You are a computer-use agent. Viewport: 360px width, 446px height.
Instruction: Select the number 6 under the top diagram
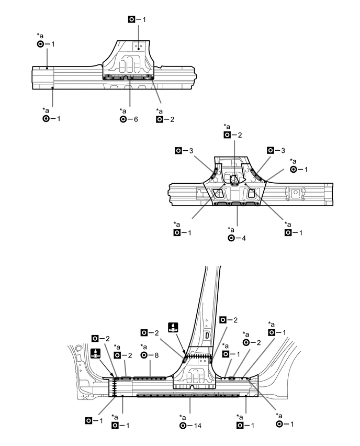(x=136, y=119)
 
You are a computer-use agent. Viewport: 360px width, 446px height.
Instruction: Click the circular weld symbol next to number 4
(x=231, y=238)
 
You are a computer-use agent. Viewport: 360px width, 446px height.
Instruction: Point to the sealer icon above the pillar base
(x=173, y=328)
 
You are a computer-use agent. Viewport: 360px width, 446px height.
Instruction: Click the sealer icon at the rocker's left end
(x=95, y=353)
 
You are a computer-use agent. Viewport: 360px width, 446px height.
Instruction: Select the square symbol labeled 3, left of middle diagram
(x=178, y=151)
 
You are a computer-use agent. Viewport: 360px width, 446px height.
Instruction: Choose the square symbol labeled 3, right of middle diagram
(x=269, y=150)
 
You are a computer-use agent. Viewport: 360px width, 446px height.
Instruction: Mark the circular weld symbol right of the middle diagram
(x=294, y=170)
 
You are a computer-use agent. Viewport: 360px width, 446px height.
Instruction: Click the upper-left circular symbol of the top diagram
(x=40, y=44)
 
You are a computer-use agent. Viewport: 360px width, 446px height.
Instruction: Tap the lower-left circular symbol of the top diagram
(x=46, y=119)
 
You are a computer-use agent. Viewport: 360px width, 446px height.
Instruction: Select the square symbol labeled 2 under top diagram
(x=159, y=119)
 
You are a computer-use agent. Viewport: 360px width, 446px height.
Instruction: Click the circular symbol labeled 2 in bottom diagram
(x=245, y=342)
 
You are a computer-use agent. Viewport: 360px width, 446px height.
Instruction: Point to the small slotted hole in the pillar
(x=207, y=334)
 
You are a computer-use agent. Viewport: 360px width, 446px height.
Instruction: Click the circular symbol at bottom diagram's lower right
(x=280, y=423)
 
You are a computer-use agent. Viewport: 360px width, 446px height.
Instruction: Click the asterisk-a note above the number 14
(x=183, y=417)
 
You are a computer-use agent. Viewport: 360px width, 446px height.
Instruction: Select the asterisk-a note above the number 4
(x=231, y=229)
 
